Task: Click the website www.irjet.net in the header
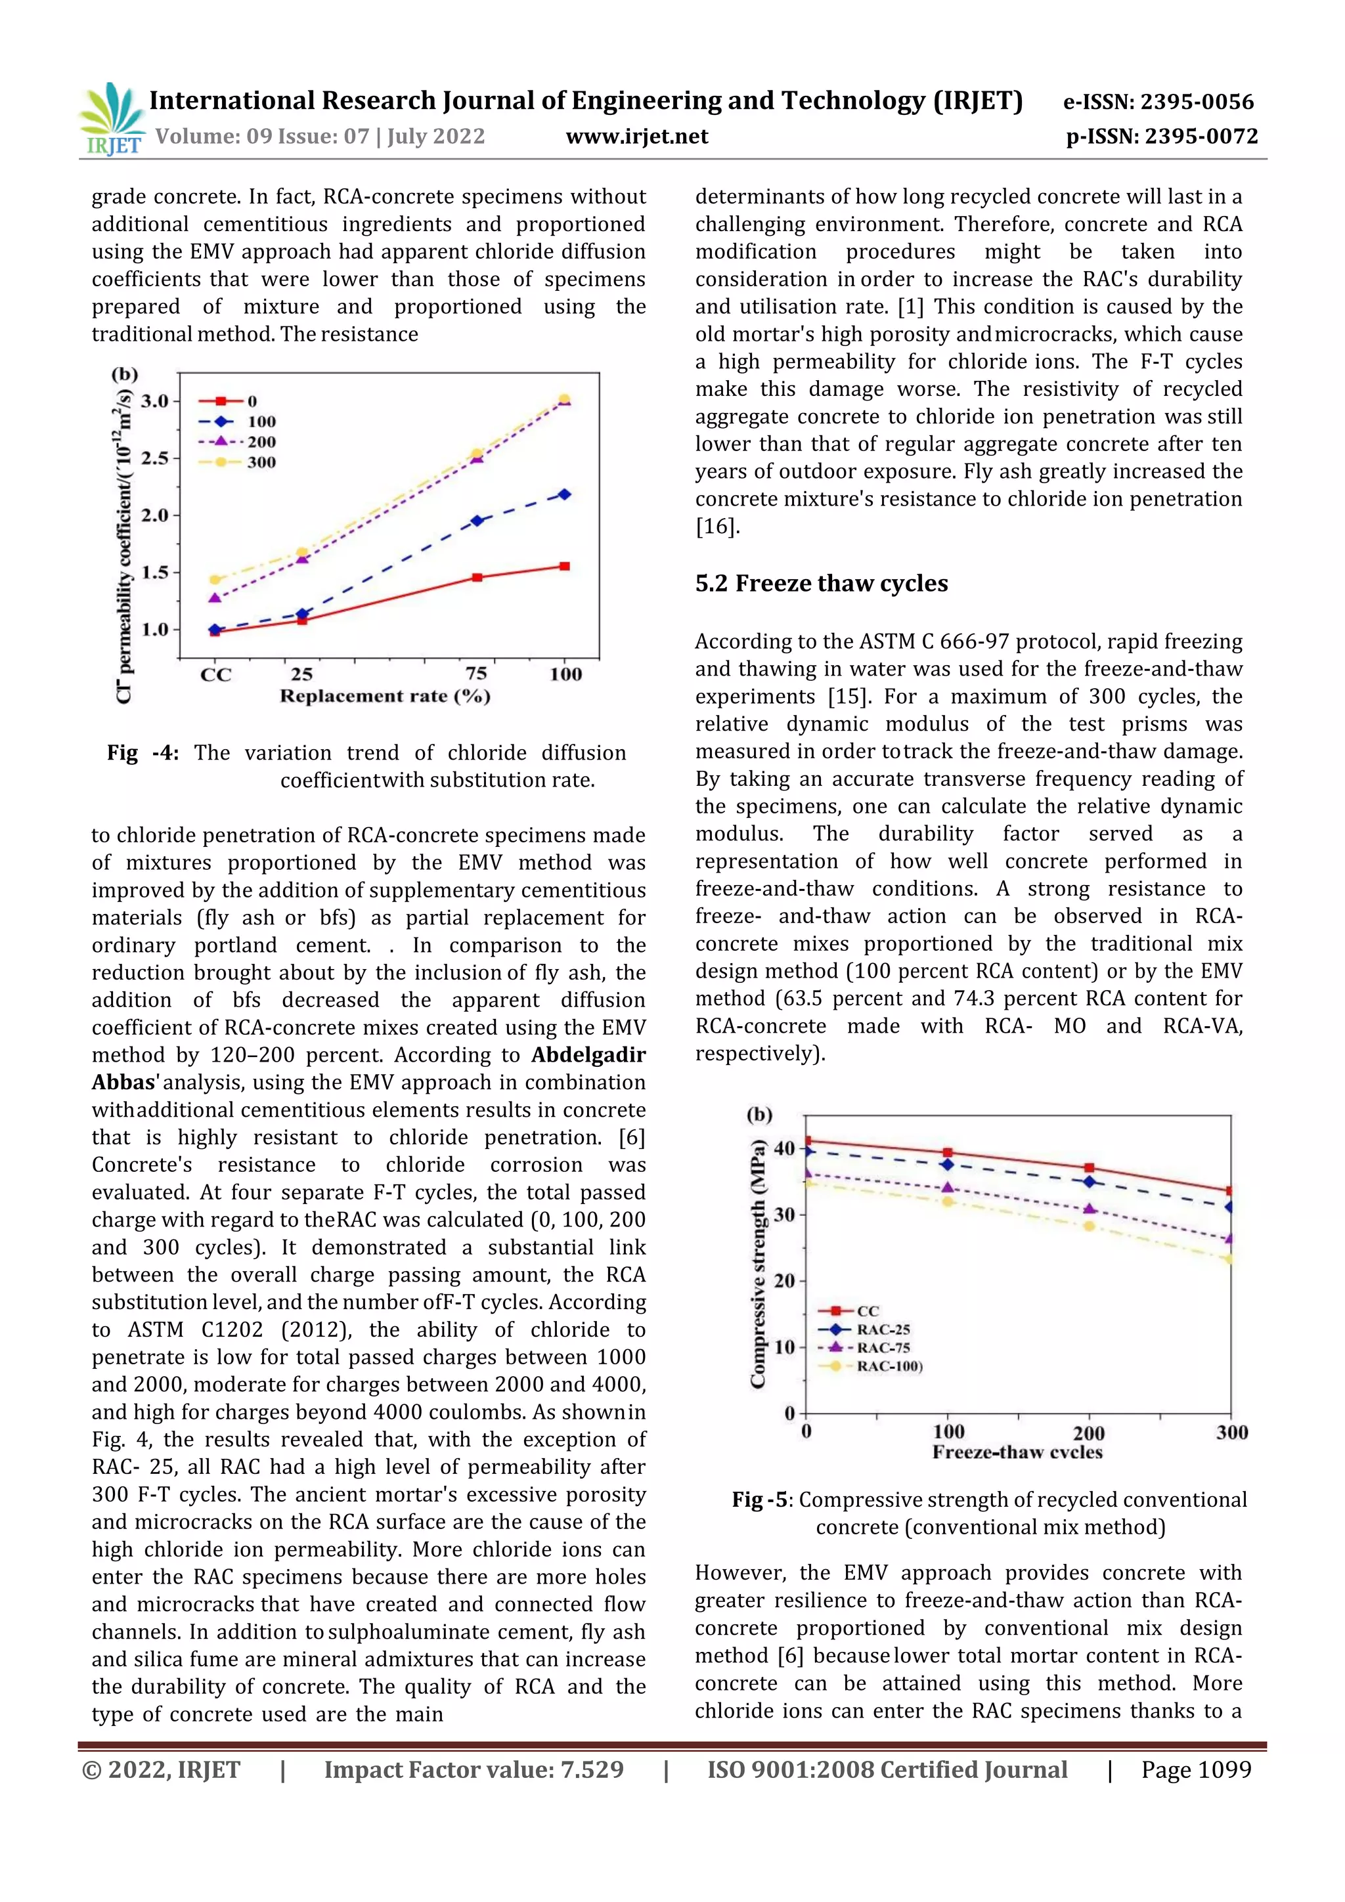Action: pos(636,137)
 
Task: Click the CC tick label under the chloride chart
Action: pos(215,674)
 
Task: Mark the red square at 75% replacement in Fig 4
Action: pos(477,577)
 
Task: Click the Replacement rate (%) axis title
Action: pos(385,696)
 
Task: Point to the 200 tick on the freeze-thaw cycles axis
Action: pos(1088,1433)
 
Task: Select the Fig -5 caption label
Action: pos(761,1500)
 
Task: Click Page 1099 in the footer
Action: pos(1195,1769)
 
